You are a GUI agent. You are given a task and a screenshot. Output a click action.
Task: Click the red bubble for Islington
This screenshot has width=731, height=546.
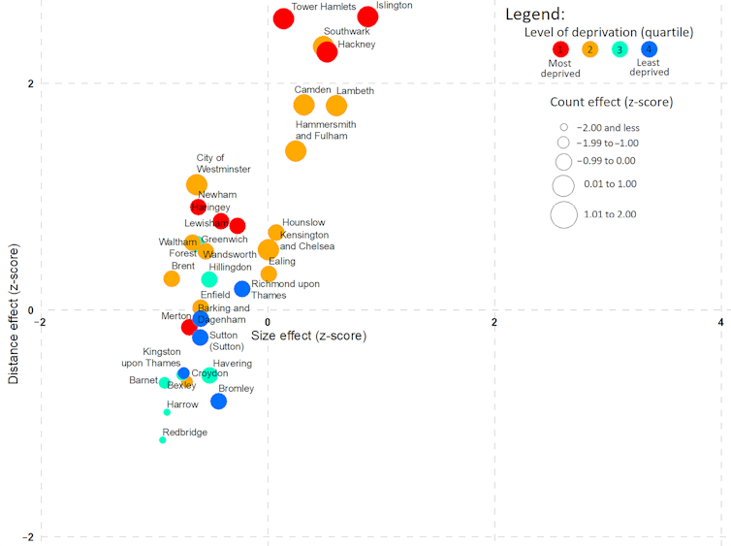tap(367, 16)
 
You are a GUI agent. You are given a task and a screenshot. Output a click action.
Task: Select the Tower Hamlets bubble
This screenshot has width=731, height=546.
tap(283, 18)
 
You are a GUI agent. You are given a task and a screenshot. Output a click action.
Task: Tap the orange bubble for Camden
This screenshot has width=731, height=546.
tap(303, 106)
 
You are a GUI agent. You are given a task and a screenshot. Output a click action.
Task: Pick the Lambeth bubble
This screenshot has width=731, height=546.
tap(336, 106)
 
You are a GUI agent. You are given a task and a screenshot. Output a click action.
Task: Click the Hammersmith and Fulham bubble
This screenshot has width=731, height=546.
tap(296, 151)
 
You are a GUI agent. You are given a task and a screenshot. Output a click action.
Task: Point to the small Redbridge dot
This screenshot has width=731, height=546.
tap(163, 440)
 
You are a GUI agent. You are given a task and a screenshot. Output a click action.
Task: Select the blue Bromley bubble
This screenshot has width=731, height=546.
tap(218, 401)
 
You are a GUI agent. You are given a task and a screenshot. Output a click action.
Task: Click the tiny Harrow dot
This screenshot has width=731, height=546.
tap(167, 412)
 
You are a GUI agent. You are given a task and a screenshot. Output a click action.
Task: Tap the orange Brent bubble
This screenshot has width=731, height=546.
tap(172, 278)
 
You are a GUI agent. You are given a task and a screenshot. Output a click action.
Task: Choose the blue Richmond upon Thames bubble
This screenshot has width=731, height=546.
tap(242, 289)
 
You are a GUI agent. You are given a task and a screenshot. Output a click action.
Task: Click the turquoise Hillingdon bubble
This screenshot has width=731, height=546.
tap(208, 279)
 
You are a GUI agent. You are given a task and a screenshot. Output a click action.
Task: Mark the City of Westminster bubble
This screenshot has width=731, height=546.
tap(197, 184)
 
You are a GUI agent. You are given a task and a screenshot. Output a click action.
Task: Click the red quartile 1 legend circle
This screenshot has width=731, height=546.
tap(560, 49)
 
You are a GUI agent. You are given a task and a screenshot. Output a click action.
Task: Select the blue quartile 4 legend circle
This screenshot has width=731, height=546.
tap(649, 49)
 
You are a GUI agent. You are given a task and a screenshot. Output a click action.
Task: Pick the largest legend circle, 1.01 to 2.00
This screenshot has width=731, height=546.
tap(563, 214)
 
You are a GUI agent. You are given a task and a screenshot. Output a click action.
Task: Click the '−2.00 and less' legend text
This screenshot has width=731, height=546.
tap(608, 127)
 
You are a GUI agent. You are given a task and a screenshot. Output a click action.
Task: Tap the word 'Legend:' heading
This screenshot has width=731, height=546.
tap(535, 16)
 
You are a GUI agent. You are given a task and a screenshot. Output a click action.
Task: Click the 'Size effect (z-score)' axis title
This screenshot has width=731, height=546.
tap(308, 336)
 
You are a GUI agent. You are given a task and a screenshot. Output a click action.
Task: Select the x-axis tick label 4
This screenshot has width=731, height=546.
tap(720, 322)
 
